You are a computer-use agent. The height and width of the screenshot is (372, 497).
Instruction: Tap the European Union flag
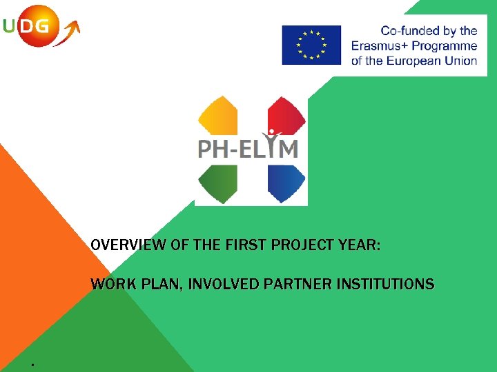tap(311, 45)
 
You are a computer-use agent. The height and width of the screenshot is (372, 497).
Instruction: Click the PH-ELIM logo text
tap(248, 148)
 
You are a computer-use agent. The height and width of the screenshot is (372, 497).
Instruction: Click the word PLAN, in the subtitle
tap(161, 284)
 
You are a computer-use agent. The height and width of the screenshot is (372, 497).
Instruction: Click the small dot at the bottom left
tap(32, 363)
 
